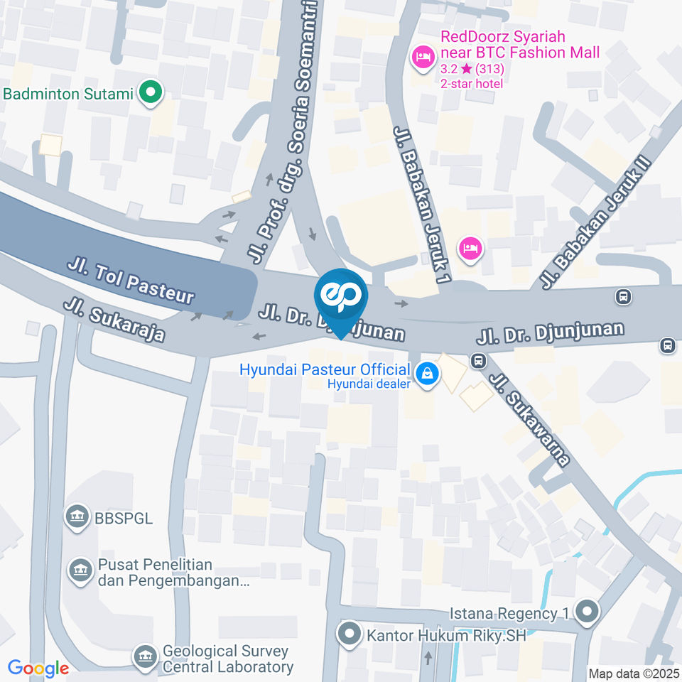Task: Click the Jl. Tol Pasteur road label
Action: click(131, 282)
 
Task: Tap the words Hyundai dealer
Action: click(379, 384)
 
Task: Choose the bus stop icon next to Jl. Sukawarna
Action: click(479, 361)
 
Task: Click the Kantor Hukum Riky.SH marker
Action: click(349, 634)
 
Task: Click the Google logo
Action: click(38, 668)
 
